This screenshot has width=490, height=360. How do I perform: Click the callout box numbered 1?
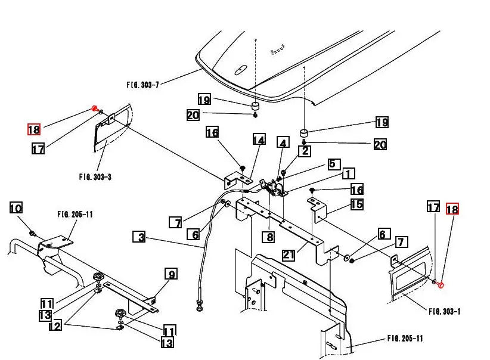tap(349, 173)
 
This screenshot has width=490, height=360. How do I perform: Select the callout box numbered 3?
tap(139, 237)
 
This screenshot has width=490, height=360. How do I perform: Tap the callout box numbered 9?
tap(171, 274)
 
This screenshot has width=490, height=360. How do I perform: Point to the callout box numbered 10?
tap(16, 208)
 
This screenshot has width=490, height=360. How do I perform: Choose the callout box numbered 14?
tap(259, 139)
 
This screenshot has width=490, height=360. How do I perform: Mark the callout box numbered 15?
tap(356, 204)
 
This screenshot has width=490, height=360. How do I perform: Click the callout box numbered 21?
tap(289, 255)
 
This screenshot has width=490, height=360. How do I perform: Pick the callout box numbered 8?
tap(269, 237)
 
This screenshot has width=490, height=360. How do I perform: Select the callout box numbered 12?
tap(55, 325)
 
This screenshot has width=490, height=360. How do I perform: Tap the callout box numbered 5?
tap(334, 164)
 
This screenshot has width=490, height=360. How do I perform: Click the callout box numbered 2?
tap(305, 151)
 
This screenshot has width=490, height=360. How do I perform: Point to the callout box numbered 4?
tap(283, 142)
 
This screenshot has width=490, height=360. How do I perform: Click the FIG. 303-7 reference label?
tap(143, 85)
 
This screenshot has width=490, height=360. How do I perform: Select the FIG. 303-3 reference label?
tap(95, 177)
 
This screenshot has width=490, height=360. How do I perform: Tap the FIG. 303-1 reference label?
tap(444, 311)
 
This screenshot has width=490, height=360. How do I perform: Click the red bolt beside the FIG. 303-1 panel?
tap(441, 285)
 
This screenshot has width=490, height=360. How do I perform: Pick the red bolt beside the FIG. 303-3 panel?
tap(94, 108)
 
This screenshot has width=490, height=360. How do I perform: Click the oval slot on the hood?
tap(241, 70)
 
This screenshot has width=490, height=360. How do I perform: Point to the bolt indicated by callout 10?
tap(32, 233)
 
